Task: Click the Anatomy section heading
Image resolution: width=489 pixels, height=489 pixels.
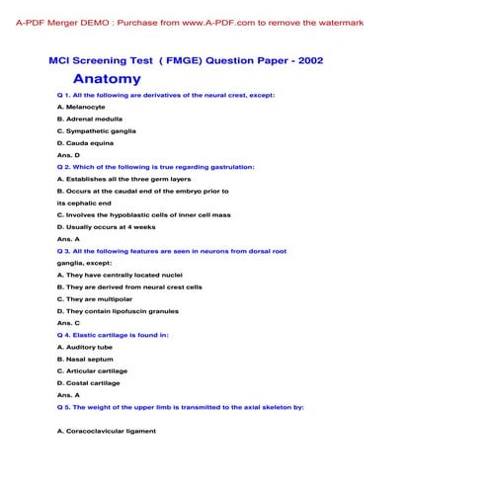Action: pyautogui.click(x=107, y=79)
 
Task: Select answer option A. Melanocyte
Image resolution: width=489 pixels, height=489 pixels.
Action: pyautogui.click(x=86, y=107)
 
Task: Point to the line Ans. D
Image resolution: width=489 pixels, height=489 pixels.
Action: pyautogui.click(x=68, y=155)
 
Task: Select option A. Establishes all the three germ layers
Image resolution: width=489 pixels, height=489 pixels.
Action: pyautogui.click(x=123, y=179)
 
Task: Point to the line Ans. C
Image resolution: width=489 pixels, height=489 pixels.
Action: pyautogui.click(x=68, y=323)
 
